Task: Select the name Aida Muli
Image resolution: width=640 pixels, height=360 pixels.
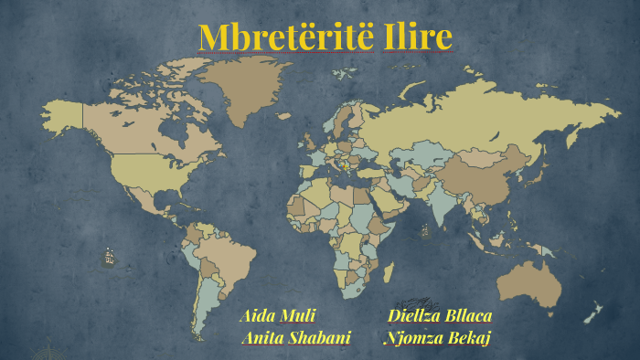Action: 277,316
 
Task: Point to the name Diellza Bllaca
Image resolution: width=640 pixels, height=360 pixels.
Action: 440,316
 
